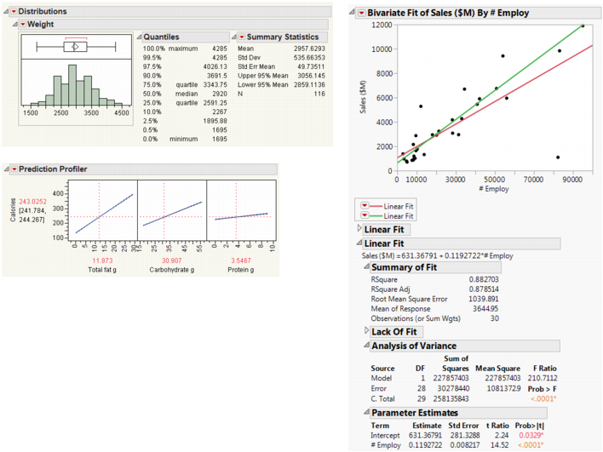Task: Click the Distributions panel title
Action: click(x=43, y=11)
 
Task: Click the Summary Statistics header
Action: click(x=284, y=37)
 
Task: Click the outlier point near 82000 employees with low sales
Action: click(x=558, y=157)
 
